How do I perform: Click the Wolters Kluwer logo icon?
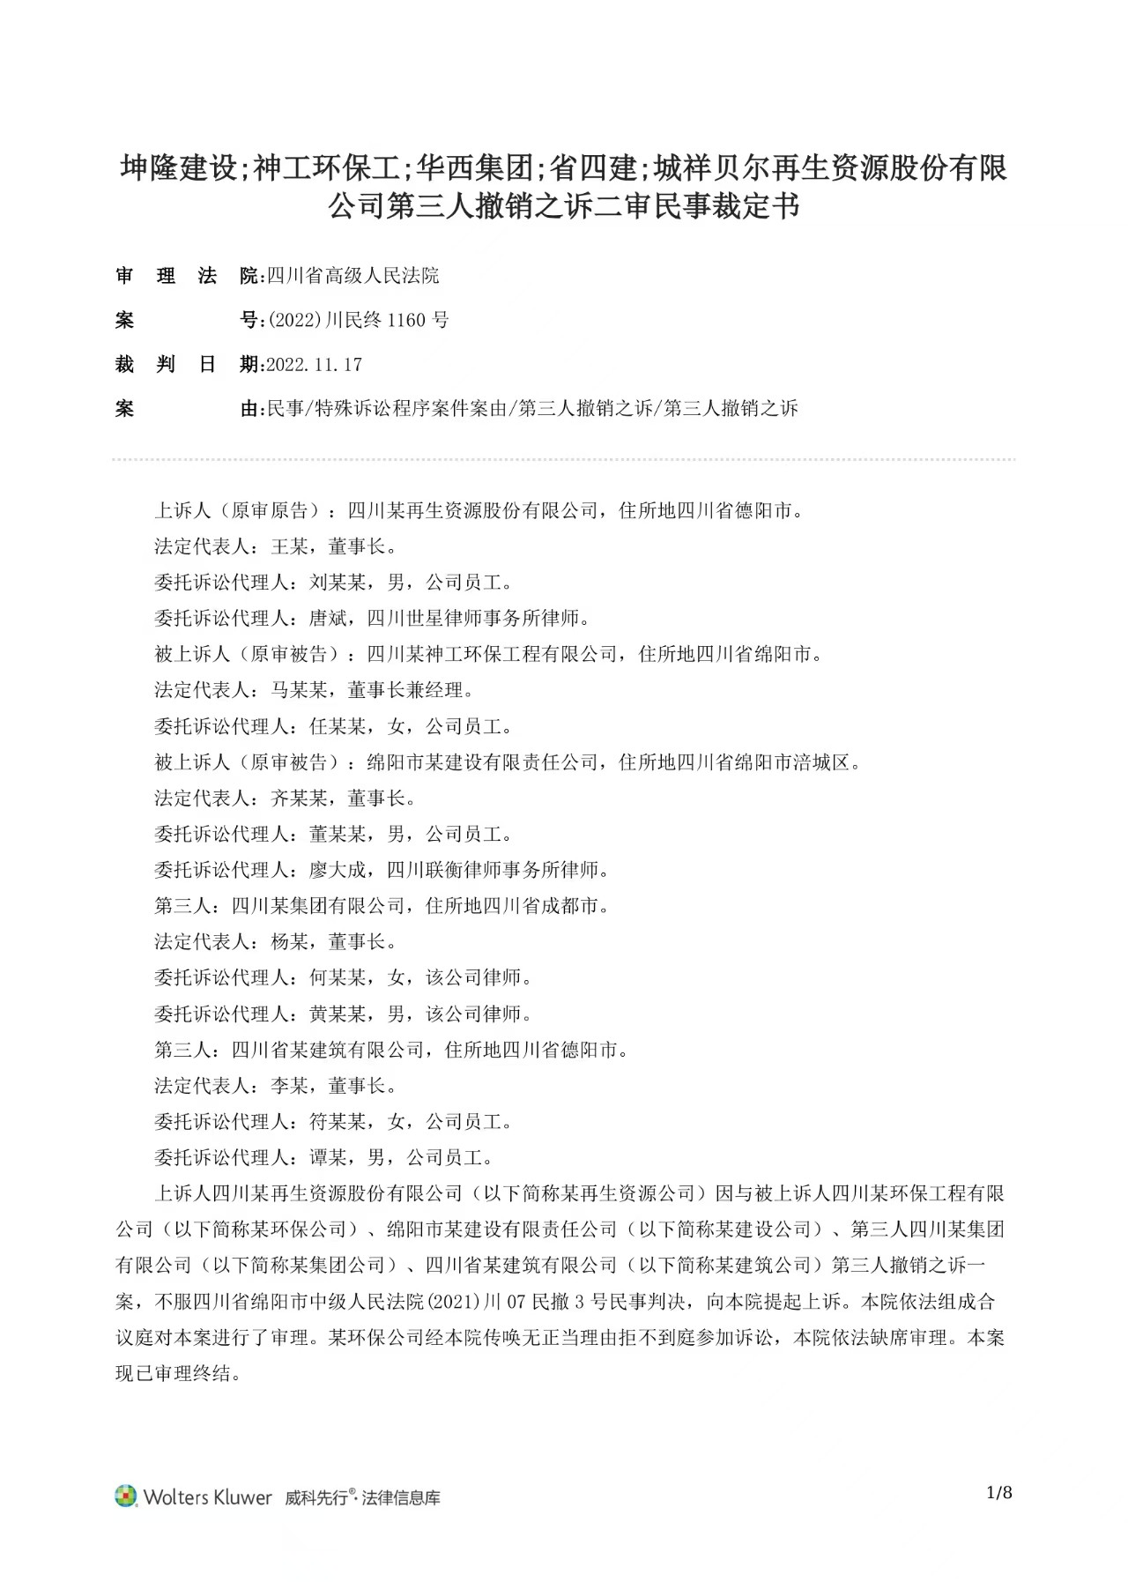pyautogui.click(x=126, y=1497)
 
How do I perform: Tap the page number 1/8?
pyautogui.click(x=999, y=1492)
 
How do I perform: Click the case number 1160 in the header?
pyautogui.click(x=405, y=320)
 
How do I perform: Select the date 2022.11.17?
pyautogui.click(x=314, y=365)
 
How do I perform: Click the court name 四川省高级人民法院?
pyautogui.click(x=352, y=276)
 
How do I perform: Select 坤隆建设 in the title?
pyautogui.click(x=179, y=167)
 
